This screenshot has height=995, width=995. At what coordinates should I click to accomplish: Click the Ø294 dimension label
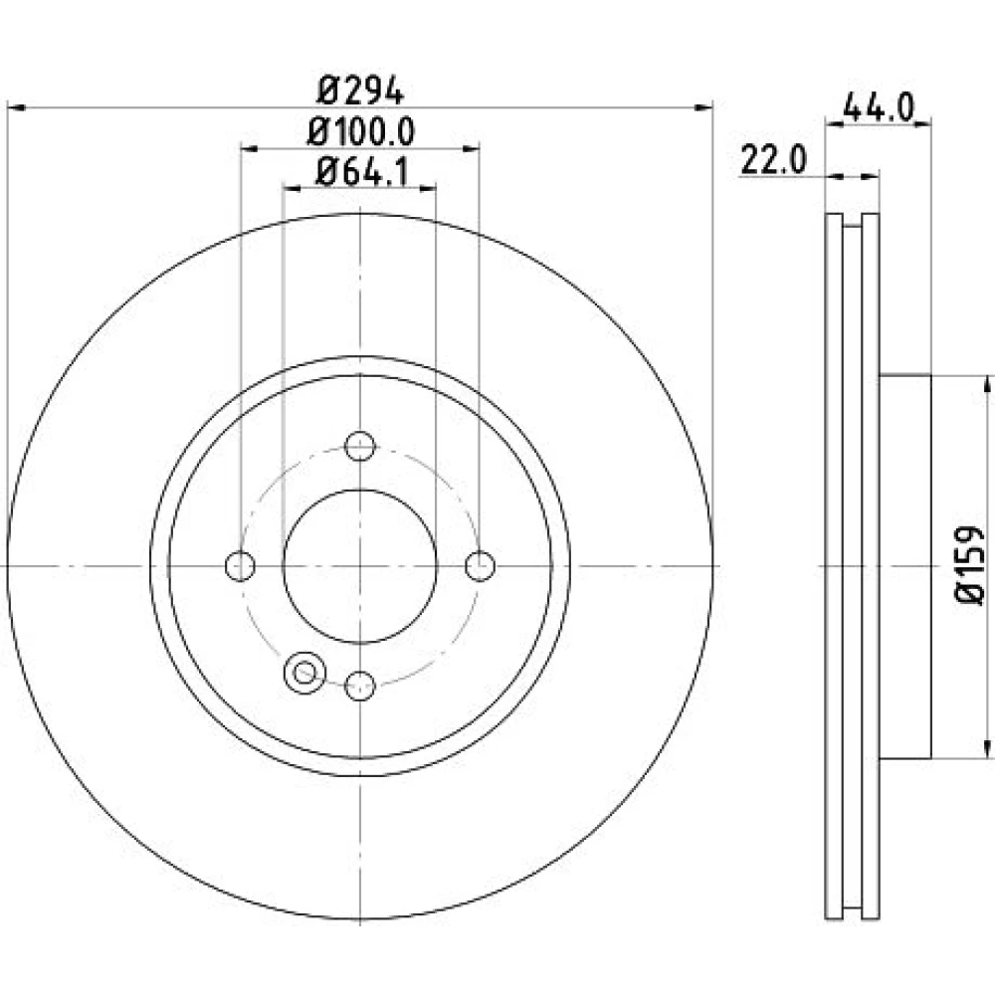coord(360,91)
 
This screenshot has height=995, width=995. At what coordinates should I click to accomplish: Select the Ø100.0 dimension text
coord(360,131)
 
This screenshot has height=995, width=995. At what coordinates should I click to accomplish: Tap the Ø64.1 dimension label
coord(362,171)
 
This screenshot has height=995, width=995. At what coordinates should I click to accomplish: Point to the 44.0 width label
coord(879,106)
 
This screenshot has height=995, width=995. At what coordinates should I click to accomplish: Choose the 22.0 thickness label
coord(773,160)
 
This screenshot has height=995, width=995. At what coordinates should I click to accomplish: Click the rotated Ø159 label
coord(969,565)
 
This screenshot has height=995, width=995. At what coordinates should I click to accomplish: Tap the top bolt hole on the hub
coord(360,446)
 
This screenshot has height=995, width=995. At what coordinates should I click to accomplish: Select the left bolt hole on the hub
coord(240,565)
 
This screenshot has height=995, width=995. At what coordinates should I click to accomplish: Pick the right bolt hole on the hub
coord(480,565)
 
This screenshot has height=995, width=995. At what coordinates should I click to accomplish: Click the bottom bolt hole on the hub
coord(360,686)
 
